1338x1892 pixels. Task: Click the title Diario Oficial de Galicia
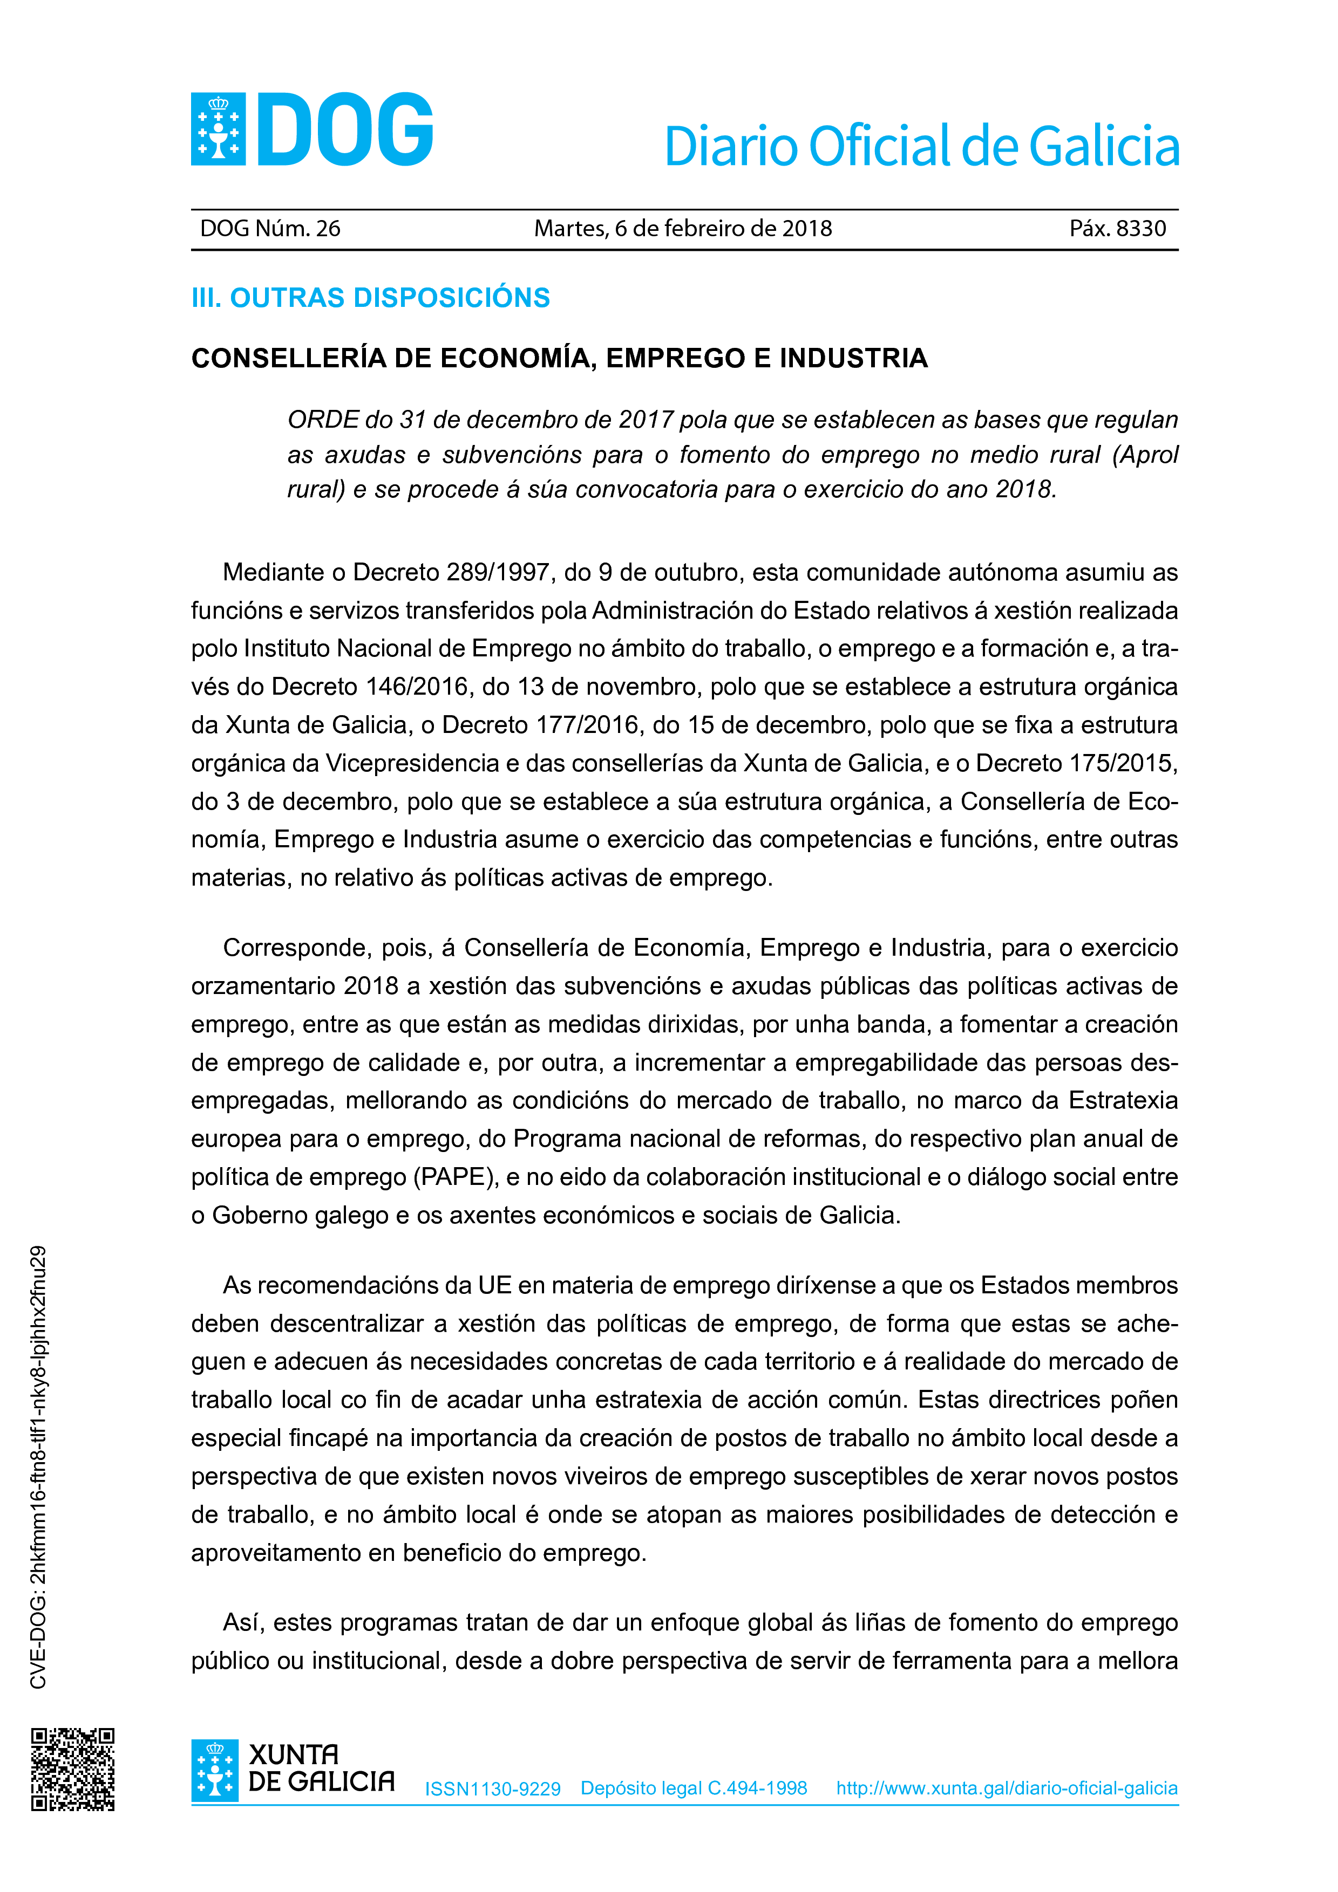[921, 147]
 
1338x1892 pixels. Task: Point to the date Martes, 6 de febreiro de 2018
[683, 229]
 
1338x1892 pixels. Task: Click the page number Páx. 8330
[1117, 229]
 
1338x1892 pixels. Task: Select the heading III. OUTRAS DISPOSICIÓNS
[370, 298]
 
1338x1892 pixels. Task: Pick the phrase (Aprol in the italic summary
[1145, 455]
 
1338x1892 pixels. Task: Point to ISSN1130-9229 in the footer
[492, 1789]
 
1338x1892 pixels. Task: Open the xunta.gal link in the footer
[1007, 1788]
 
